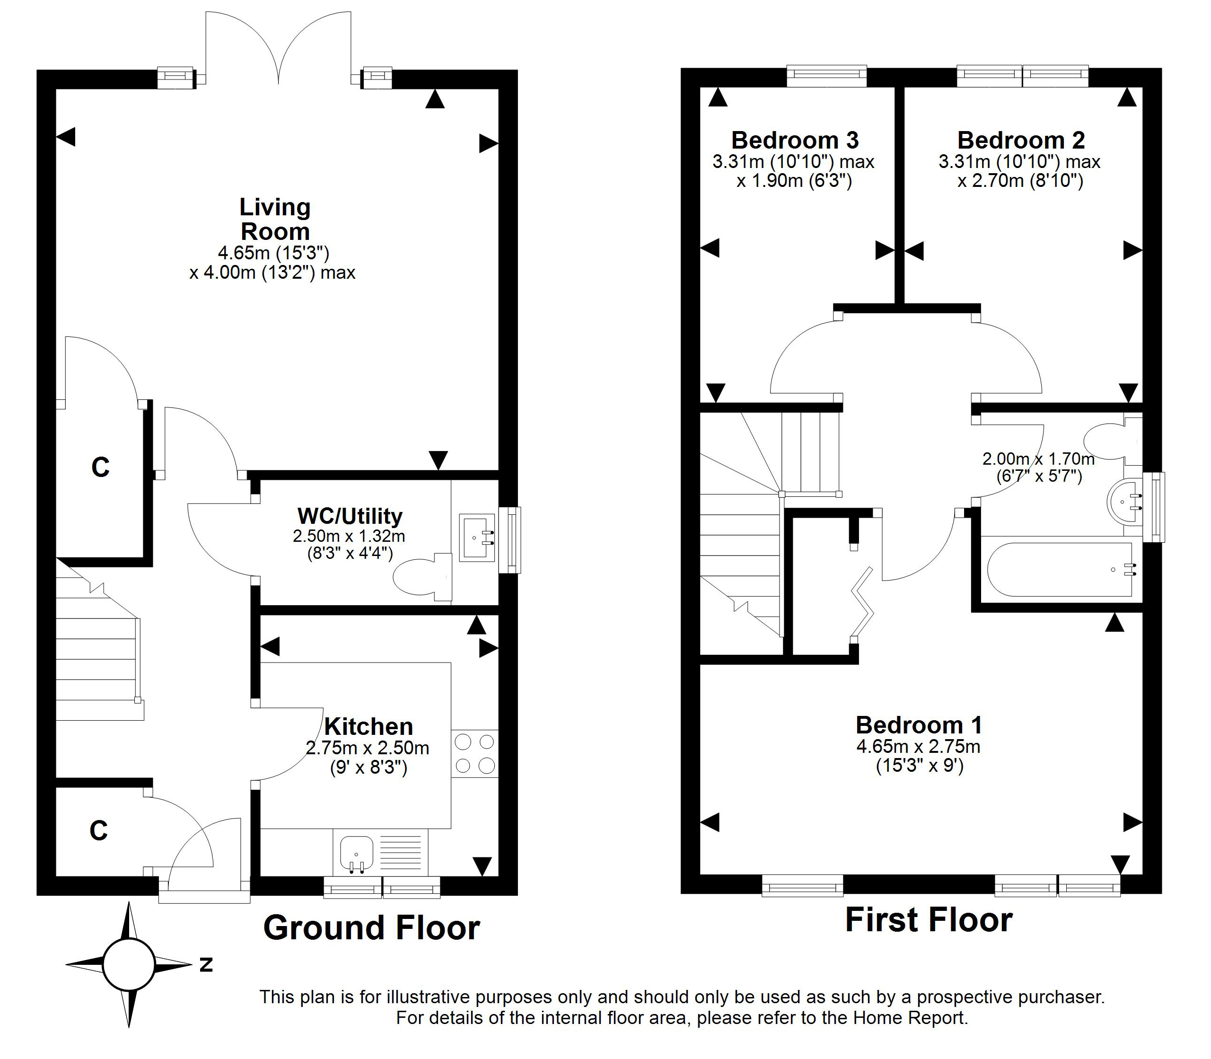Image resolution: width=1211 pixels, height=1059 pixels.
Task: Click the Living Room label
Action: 275,219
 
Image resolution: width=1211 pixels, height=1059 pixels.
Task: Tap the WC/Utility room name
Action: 350,516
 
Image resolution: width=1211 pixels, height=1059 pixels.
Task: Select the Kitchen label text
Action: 368,726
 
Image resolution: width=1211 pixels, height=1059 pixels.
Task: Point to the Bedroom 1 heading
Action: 919,724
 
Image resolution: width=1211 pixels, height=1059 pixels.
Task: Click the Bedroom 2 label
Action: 1021,140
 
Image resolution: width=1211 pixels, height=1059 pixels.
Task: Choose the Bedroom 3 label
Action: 795,140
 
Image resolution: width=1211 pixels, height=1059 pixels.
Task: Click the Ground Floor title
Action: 371,927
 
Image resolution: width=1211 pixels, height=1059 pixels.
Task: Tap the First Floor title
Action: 929,919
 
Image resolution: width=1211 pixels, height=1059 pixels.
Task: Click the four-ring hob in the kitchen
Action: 475,753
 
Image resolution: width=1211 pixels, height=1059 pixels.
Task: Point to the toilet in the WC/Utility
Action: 422,577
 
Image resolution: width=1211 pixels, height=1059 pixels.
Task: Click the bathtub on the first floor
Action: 1061,570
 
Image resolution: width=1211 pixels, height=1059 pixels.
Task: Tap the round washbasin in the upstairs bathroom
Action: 1124,502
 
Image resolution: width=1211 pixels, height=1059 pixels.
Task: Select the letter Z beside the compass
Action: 206,964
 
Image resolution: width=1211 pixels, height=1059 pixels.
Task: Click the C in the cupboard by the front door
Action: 99,830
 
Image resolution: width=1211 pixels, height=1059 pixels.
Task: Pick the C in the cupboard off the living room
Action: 100,467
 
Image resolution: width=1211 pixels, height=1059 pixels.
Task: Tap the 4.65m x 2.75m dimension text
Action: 919,746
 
